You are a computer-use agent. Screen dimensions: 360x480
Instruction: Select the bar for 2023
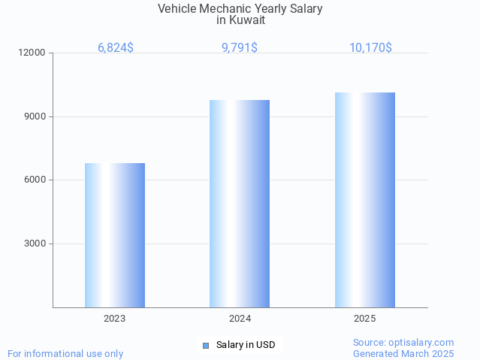click(x=115, y=235)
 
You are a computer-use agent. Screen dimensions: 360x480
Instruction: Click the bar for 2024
click(x=240, y=204)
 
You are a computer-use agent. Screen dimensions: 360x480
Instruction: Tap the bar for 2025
click(x=365, y=200)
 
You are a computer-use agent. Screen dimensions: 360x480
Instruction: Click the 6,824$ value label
click(x=116, y=47)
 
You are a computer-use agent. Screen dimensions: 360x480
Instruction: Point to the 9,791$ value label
click(x=240, y=47)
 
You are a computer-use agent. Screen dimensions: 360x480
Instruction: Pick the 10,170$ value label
click(x=370, y=47)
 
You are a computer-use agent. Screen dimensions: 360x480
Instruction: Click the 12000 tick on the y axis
click(x=33, y=53)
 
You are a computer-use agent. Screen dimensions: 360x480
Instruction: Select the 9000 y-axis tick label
click(x=35, y=116)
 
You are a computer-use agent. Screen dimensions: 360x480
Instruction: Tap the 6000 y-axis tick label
click(x=35, y=180)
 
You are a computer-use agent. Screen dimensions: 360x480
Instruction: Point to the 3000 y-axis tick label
click(x=35, y=244)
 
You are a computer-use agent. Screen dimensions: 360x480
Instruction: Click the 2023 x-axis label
click(x=115, y=319)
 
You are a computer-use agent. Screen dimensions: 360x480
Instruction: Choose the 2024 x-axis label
click(x=240, y=319)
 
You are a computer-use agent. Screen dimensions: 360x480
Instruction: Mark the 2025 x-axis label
click(x=365, y=319)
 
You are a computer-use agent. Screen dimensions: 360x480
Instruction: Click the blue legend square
click(x=205, y=346)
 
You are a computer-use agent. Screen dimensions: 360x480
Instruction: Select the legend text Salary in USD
click(x=246, y=345)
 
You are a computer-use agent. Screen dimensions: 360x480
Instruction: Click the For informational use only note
click(x=65, y=353)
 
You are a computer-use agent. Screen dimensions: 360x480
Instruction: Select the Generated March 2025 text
click(x=403, y=353)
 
